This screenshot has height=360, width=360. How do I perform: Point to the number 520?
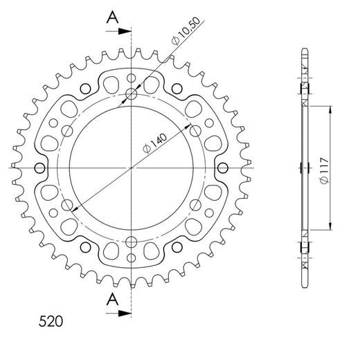pos(50,322)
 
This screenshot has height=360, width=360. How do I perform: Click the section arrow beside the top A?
pos(123,32)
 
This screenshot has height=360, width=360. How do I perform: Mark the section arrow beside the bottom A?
pos(123,313)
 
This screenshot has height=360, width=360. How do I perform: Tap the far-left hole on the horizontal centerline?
pos(39,168)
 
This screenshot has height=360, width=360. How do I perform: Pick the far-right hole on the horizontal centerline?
pos(223,168)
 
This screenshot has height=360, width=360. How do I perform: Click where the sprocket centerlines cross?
pos(132,168)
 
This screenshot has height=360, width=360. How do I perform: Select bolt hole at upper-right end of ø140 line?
pos(195,131)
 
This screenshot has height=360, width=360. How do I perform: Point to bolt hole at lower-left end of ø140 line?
pos(68,206)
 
